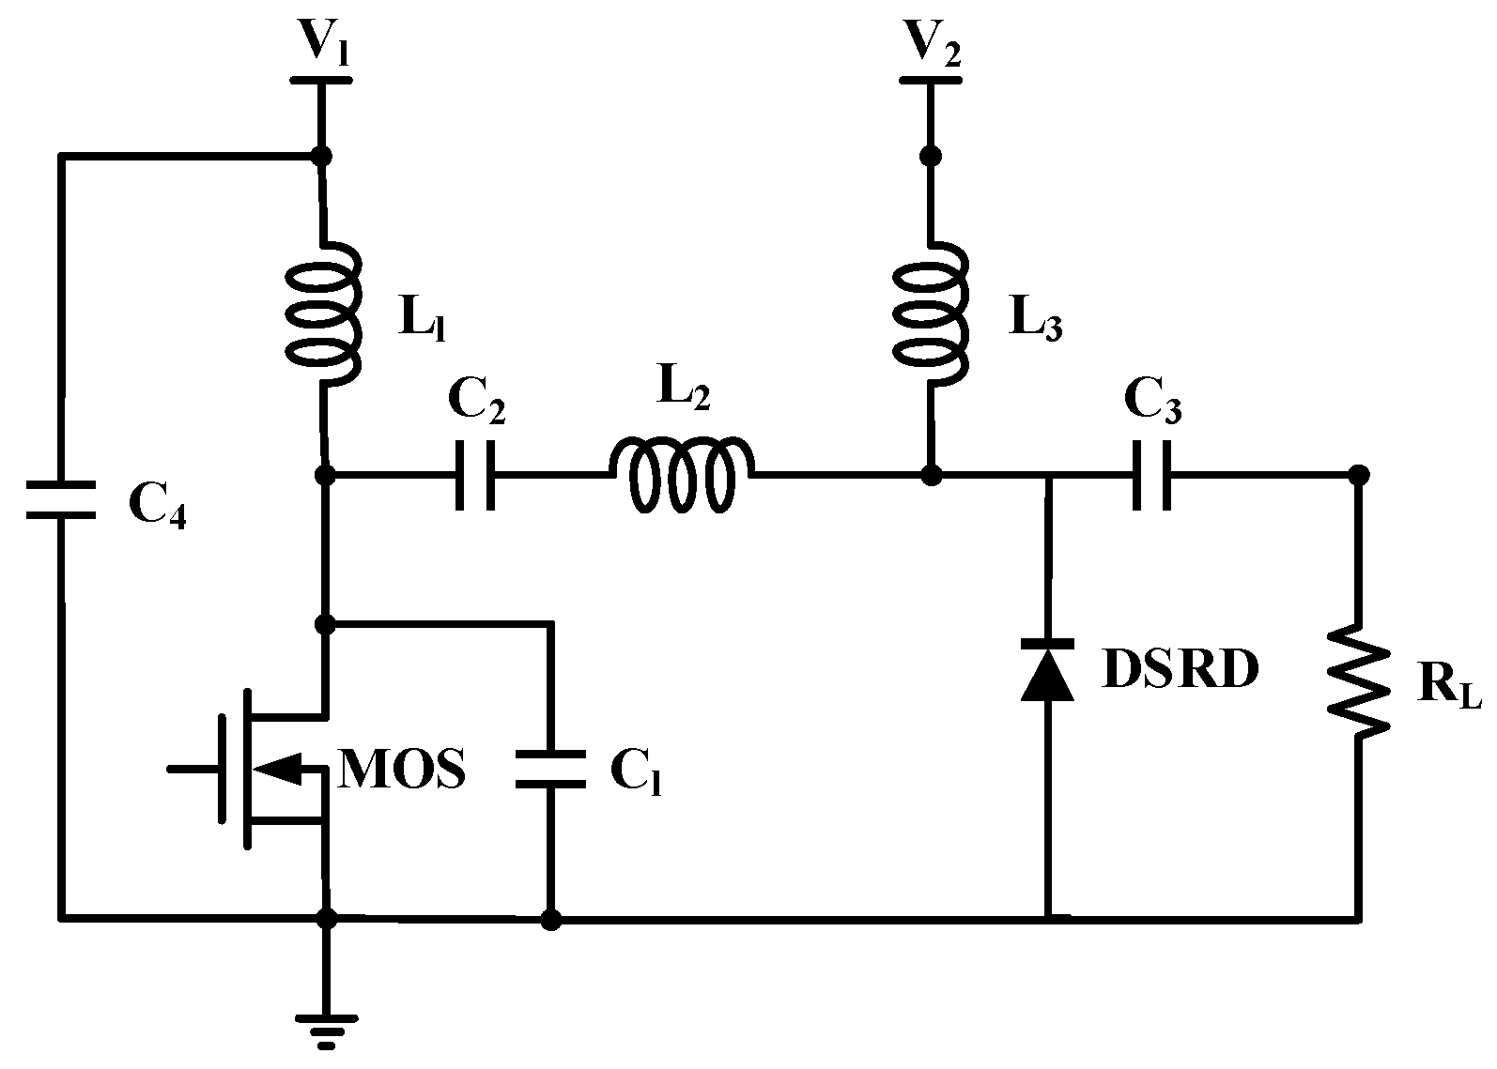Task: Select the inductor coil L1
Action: coord(322,313)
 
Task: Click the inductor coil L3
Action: coord(930,313)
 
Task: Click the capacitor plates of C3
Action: coord(1151,475)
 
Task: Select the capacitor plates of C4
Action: coord(60,500)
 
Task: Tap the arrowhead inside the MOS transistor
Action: coord(279,768)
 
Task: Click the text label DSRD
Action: coord(1180,669)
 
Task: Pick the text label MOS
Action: coord(402,770)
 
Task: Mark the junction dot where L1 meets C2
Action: coord(326,476)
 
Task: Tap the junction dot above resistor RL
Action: coord(1358,476)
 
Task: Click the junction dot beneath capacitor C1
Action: coord(551,920)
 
